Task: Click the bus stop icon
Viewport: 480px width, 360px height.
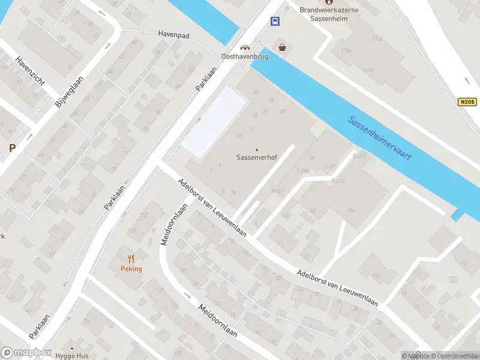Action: point(275,22)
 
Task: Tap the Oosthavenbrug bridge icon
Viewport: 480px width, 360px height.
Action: point(245,47)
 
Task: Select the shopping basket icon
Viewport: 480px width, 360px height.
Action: point(281,47)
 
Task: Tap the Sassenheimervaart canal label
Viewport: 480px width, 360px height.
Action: point(380,137)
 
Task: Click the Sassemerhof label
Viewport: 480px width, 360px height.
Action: point(257,159)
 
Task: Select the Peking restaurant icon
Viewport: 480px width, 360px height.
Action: point(131,259)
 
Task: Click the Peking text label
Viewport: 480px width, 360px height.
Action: point(131,269)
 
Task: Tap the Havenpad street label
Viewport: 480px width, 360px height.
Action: point(173,35)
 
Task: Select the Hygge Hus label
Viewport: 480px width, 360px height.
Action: point(72,356)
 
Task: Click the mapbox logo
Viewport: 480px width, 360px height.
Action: point(25,352)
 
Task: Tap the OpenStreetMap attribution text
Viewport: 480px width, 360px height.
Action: point(449,356)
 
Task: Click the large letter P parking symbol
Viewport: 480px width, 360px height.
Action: point(12,148)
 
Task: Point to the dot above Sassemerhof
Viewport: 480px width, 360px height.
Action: point(257,149)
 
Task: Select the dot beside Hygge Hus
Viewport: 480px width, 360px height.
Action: point(72,348)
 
